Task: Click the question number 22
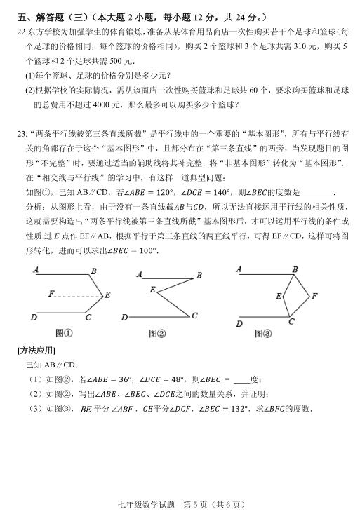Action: pos(20,32)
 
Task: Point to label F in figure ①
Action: pos(51,293)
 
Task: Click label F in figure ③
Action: pos(314,295)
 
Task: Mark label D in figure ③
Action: pos(239,323)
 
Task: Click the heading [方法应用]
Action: pos(36,350)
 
